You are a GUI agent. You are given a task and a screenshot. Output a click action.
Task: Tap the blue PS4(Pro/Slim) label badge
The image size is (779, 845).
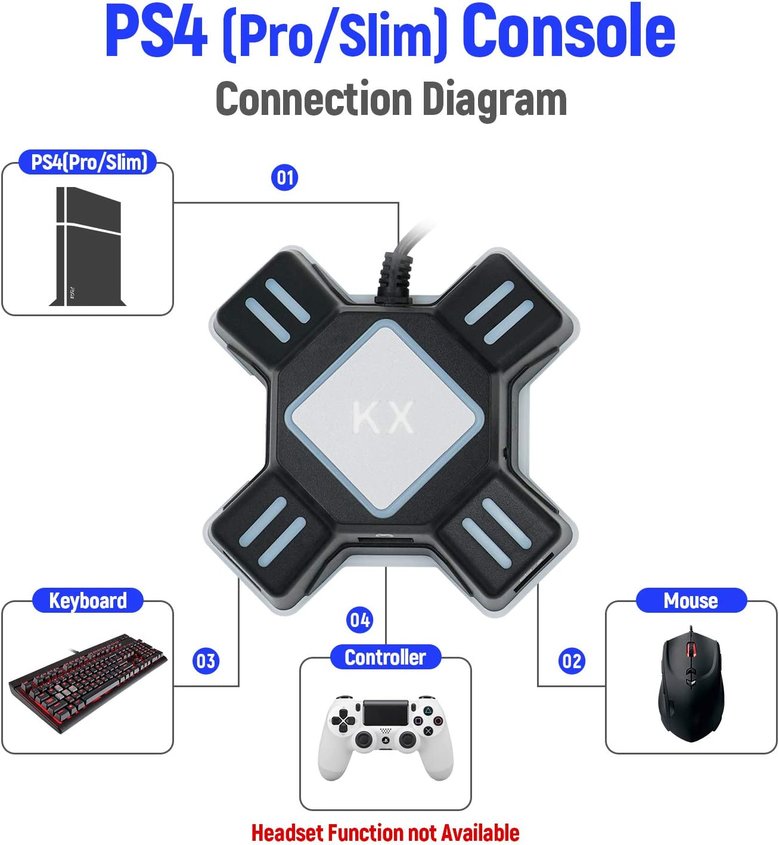(x=88, y=162)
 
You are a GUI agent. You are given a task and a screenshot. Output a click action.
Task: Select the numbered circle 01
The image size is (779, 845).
(x=284, y=177)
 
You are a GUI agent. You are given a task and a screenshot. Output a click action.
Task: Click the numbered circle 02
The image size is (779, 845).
(x=572, y=661)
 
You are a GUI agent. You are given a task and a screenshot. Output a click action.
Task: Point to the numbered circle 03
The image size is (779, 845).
(x=206, y=661)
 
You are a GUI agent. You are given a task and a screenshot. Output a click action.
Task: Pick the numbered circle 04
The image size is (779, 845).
(x=359, y=621)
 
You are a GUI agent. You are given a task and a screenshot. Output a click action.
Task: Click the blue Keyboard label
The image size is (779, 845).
(x=88, y=600)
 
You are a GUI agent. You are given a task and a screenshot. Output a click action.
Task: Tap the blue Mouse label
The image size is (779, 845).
(x=691, y=600)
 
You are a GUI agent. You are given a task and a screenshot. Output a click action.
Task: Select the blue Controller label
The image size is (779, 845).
(x=385, y=657)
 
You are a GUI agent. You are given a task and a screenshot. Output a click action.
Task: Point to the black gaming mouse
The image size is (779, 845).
(x=691, y=685)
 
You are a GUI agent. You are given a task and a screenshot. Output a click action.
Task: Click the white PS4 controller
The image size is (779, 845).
(x=386, y=735)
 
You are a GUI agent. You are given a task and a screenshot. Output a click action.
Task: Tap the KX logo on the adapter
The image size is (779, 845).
(x=383, y=417)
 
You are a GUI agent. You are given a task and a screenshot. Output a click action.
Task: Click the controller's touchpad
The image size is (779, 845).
(x=386, y=713)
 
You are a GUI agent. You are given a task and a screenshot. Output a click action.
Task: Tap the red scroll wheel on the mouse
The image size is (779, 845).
(x=691, y=650)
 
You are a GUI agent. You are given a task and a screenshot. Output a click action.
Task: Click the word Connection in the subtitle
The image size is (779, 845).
(x=314, y=99)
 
